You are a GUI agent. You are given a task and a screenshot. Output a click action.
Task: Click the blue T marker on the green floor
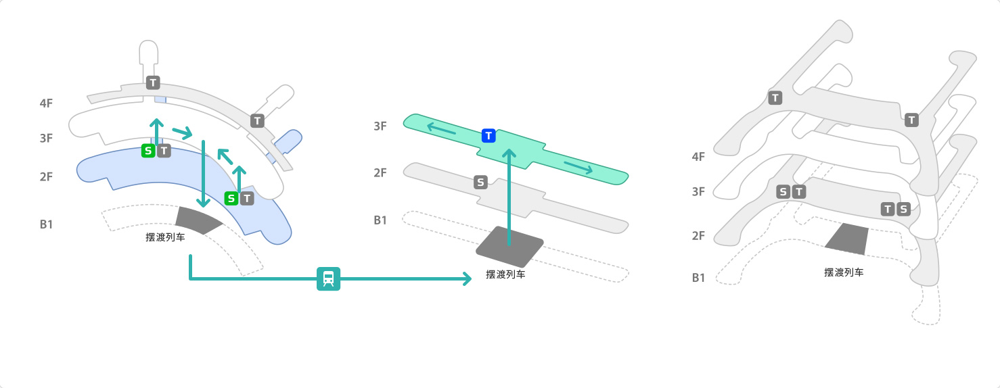[489, 136]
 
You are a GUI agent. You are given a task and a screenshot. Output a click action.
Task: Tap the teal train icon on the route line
[329, 278]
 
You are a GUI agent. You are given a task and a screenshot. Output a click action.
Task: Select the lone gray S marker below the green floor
[480, 182]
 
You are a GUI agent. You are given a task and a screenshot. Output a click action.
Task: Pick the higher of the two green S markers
[148, 151]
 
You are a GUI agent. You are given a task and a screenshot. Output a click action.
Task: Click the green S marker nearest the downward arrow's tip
[231, 198]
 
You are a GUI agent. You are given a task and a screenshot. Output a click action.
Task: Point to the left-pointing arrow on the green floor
[442, 128]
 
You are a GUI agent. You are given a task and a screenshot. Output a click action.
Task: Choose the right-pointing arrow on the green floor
[578, 167]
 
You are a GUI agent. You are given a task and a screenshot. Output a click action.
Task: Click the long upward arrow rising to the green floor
[509, 197]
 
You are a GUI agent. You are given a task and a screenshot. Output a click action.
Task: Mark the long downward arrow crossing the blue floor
[203, 174]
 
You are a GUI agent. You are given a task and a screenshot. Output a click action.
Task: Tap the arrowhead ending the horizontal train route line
[468, 278]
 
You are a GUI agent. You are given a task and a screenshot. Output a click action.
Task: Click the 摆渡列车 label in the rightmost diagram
[844, 272]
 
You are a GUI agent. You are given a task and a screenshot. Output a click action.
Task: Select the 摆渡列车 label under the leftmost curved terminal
[165, 237]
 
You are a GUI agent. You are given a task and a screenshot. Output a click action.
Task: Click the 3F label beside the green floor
[380, 126]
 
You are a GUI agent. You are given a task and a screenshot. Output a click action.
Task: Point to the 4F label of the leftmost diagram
[46, 103]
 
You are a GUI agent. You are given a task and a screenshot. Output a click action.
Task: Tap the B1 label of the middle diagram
[380, 220]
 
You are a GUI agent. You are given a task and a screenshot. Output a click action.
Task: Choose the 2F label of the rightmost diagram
[698, 235]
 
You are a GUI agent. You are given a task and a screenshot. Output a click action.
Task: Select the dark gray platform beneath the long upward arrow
[509, 247]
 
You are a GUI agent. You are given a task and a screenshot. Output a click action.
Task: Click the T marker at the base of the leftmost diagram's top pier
[153, 82]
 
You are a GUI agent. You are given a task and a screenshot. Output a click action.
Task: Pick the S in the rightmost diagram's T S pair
[903, 209]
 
